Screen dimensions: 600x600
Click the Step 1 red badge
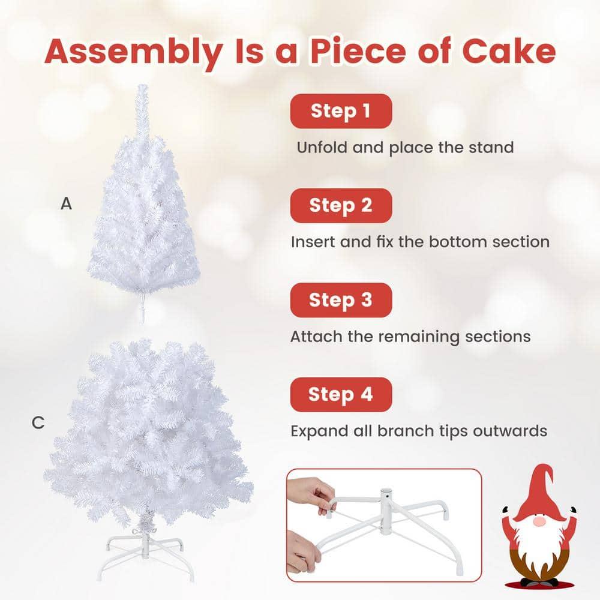pyautogui.click(x=341, y=111)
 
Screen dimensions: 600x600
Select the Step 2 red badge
pyautogui.click(x=341, y=205)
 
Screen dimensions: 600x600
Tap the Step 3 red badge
pyautogui.click(x=341, y=300)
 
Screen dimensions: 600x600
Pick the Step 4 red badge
pyautogui.click(x=341, y=394)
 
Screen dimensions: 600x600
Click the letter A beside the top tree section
pyautogui.click(x=66, y=204)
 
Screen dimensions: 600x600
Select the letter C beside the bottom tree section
pyautogui.click(x=38, y=424)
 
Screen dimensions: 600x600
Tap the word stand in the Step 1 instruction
pyautogui.click(x=489, y=147)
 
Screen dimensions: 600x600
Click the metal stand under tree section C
pyautogui.click(x=143, y=549)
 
